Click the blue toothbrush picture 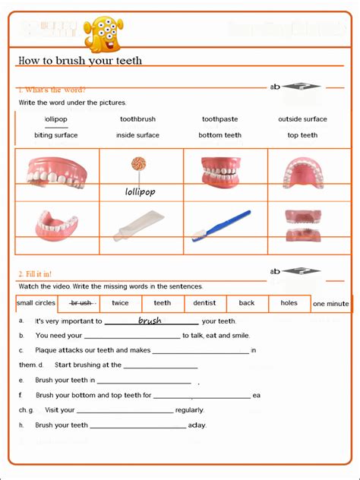(221, 226)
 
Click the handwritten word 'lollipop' (140, 192)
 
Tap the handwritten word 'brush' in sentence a (150, 321)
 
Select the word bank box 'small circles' (36, 303)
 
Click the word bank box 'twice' (120, 303)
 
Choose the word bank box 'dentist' (204, 303)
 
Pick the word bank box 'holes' (289, 303)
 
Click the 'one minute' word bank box (331, 304)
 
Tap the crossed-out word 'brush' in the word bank (81, 303)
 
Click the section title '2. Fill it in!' (35, 273)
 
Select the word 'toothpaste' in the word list (220, 119)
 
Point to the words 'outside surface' (302, 119)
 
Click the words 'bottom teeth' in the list (220, 135)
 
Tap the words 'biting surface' (55, 135)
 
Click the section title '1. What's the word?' (52, 90)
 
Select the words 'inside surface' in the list (137, 135)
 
